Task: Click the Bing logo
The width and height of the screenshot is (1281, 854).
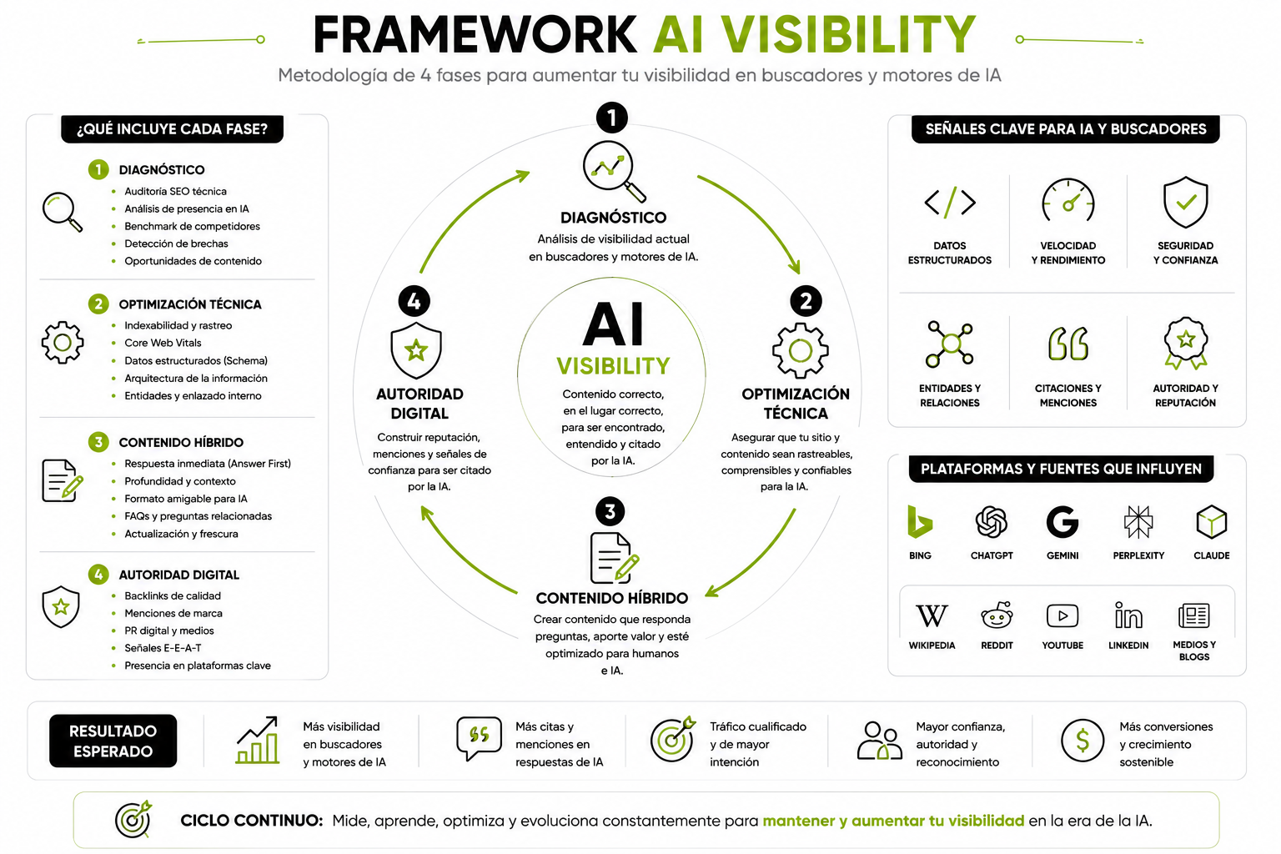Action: pyautogui.click(x=920, y=522)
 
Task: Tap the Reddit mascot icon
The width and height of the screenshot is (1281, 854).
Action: pyautogui.click(x=997, y=615)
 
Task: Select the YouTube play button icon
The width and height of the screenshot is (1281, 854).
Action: pyautogui.click(x=1062, y=616)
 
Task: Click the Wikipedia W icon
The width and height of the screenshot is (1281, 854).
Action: pyautogui.click(x=932, y=616)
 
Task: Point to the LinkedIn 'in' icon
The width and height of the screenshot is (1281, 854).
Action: pyautogui.click(x=1128, y=615)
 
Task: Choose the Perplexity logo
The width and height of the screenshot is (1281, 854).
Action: pyautogui.click(x=1138, y=522)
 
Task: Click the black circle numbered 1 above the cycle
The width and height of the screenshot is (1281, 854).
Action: pyautogui.click(x=612, y=118)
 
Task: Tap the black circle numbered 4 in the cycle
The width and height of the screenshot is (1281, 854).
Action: pyautogui.click(x=414, y=301)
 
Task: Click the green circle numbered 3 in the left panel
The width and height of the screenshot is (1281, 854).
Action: pyautogui.click(x=98, y=441)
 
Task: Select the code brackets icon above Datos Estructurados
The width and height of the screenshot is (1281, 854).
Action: pyautogui.click(x=949, y=202)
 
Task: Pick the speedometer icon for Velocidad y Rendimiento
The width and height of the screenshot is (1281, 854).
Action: pyautogui.click(x=1067, y=200)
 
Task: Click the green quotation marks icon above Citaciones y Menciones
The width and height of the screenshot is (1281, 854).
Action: pyautogui.click(x=1067, y=344)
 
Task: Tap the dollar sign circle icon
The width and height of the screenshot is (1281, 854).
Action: pyautogui.click(x=1082, y=741)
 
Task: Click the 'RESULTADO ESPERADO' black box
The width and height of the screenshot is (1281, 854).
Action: pyautogui.click(x=113, y=741)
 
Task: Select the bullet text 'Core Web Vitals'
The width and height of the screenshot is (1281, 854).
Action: pyautogui.click(x=163, y=343)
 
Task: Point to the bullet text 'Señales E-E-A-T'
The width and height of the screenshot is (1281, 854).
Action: pyautogui.click(x=163, y=647)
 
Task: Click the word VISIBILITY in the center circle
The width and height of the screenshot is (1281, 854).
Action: pyautogui.click(x=613, y=366)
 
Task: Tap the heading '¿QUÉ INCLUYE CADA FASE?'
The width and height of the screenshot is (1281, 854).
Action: pyautogui.click(x=172, y=128)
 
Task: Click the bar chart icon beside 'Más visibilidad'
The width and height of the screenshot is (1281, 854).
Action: pyautogui.click(x=258, y=740)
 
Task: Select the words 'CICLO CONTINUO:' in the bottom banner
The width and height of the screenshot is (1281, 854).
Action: pyautogui.click(x=252, y=821)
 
